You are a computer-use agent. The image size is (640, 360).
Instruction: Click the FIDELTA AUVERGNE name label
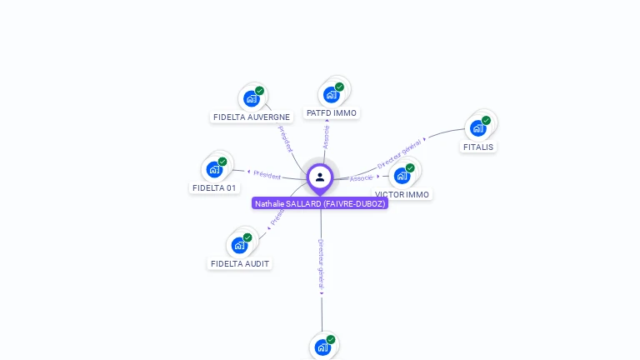tap(252, 117)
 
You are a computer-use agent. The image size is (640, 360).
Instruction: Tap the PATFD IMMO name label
tap(331, 112)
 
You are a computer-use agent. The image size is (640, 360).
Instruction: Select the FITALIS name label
tap(478, 147)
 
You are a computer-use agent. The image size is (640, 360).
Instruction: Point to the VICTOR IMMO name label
tap(402, 194)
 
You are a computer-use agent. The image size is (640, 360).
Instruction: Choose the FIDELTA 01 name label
tap(215, 187)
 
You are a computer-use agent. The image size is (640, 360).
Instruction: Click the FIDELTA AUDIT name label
tap(240, 263)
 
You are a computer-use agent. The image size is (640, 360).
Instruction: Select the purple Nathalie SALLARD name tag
tap(320, 203)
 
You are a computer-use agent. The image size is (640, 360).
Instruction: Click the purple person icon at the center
tap(320, 177)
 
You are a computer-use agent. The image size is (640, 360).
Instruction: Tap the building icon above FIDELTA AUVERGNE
tap(252, 98)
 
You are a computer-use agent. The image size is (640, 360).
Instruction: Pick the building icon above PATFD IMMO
tap(332, 94)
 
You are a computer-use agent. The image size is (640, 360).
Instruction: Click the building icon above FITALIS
tap(478, 127)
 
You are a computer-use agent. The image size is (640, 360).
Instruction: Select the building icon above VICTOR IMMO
tap(402, 175)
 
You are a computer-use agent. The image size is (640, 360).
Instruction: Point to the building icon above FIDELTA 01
tap(215, 169)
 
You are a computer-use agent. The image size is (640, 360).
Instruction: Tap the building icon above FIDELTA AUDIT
tap(240, 245)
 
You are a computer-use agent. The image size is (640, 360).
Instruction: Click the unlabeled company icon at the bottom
tap(322, 347)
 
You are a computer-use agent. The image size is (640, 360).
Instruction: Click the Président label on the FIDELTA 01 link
tap(267, 175)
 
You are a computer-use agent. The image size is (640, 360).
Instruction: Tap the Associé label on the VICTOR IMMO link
tap(361, 178)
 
